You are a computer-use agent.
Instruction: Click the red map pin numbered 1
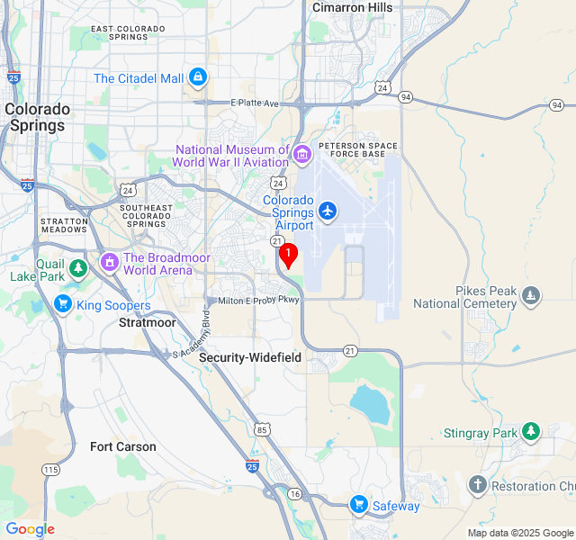(287, 256)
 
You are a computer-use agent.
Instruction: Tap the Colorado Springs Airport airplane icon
(327, 211)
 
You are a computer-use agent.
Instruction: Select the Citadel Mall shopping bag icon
(197, 78)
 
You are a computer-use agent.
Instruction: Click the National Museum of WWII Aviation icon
(302, 156)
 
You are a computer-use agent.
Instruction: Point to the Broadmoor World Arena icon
(110, 263)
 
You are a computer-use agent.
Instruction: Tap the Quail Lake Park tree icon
(78, 267)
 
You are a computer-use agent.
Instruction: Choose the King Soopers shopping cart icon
(62, 304)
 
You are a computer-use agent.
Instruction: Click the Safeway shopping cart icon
(359, 505)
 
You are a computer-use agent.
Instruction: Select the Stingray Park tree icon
(531, 432)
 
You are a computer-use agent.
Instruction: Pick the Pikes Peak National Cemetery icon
(531, 295)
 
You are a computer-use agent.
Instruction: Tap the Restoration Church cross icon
(477, 486)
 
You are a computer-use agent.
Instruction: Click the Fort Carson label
(123, 446)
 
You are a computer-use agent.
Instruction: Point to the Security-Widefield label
(250, 357)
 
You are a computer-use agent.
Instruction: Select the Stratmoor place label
(148, 322)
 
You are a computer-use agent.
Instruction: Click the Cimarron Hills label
(352, 8)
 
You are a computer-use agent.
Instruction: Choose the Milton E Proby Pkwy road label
(258, 300)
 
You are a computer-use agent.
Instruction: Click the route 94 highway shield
(406, 97)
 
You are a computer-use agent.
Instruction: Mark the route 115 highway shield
(50, 470)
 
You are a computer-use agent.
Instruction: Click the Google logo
(30, 529)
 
